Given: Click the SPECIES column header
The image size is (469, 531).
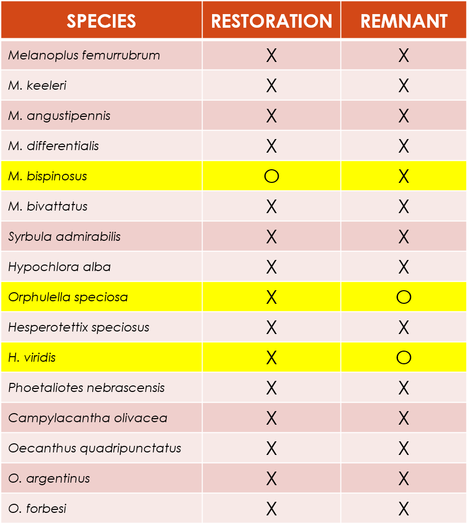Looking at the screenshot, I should pyautogui.click(x=101, y=21).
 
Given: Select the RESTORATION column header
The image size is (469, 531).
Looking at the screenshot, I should pyautogui.click(x=272, y=21).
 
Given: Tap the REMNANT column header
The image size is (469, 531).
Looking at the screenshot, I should pyautogui.click(x=404, y=21).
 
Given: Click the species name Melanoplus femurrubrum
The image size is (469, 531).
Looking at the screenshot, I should pyautogui.click(x=84, y=55).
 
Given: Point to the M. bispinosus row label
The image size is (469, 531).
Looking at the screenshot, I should pyautogui.click(x=48, y=176).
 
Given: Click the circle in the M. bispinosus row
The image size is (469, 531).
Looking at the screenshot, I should pyautogui.click(x=272, y=176).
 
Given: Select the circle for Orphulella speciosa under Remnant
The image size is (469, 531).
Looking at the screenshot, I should pyautogui.click(x=404, y=297).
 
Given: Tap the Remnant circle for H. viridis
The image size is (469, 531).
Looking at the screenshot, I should pyautogui.click(x=404, y=358).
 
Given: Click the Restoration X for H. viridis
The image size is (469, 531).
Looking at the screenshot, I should pyautogui.click(x=272, y=358).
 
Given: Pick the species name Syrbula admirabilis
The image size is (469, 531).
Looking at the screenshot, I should pyautogui.click(x=64, y=237).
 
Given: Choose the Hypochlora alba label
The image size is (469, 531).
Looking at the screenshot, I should pyautogui.click(x=59, y=267).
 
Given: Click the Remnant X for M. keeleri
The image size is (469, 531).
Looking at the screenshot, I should pyautogui.click(x=404, y=86).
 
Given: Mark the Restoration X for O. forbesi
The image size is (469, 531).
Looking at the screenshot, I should pyautogui.click(x=272, y=509).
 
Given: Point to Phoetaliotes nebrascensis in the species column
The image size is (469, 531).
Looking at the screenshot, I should pyautogui.click(x=87, y=388).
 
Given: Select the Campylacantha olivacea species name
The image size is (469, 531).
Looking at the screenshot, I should pyautogui.click(x=88, y=418).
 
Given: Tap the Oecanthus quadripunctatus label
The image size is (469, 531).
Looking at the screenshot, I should pyautogui.click(x=95, y=448).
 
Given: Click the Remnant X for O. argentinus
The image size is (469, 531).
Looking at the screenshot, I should pyautogui.click(x=404, y=479).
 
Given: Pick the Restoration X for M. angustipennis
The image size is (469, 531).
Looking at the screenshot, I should pyautogui.click(x=272, y=116).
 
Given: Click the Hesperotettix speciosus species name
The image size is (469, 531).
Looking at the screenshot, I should pyautogui.click(x=79, y=327).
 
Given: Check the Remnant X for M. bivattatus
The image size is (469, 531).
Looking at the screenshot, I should pyautogui.click(x=404, y=207).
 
